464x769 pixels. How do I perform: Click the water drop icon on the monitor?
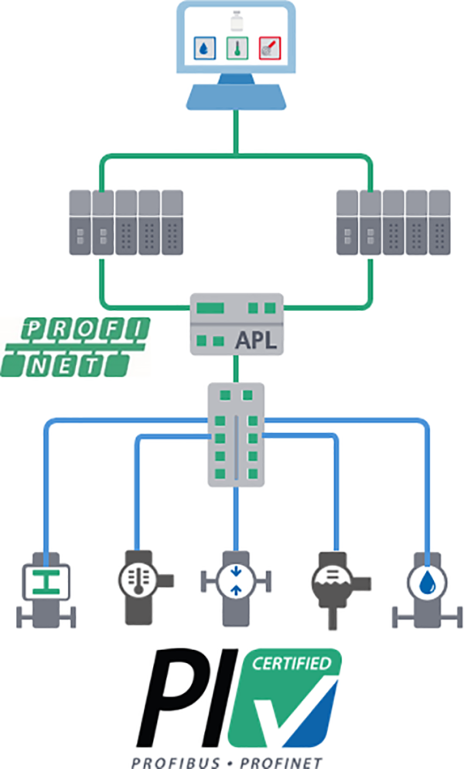(203, 48)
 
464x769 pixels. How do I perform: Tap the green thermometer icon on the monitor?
(236, 48)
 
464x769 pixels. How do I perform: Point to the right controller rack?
(394, 222)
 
